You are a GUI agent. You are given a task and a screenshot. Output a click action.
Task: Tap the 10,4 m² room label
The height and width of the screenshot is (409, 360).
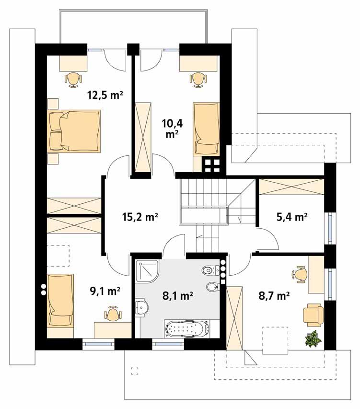[172, 129]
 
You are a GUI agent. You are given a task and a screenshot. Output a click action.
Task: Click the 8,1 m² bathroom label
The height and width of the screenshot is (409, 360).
[177, 296]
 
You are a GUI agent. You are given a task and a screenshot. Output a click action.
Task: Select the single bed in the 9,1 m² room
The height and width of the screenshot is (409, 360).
[60, 301]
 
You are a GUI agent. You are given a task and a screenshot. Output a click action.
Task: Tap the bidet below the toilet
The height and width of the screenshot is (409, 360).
[212, 288]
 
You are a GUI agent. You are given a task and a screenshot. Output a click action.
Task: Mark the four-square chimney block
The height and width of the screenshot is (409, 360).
[211, 166]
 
